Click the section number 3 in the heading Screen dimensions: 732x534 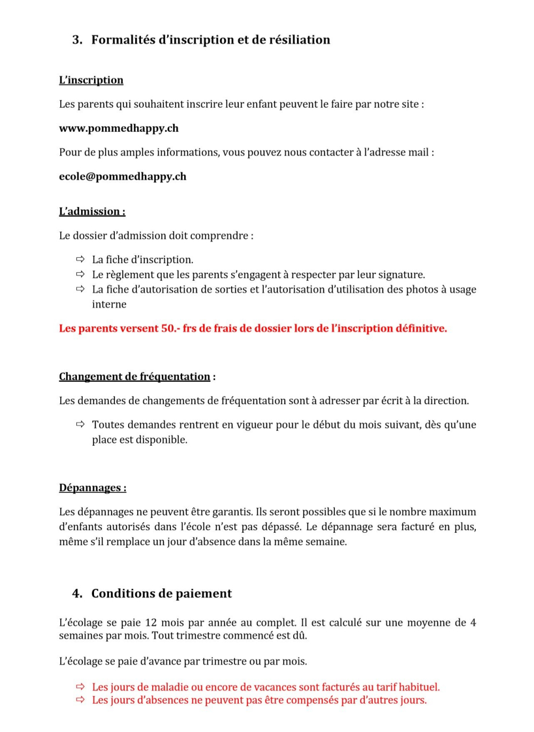77,40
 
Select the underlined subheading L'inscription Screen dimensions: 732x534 91,80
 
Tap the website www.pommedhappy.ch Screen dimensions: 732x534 119,128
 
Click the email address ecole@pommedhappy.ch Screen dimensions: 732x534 123,177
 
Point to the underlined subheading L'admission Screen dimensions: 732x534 92,211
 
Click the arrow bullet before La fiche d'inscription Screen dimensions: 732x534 80,259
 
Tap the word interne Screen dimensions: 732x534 109,304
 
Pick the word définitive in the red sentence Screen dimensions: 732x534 420,328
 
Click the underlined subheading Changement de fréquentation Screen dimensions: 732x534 135,377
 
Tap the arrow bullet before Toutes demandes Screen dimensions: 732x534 80,424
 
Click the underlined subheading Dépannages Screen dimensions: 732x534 92,488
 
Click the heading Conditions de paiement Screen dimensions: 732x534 161,594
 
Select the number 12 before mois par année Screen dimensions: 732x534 151,623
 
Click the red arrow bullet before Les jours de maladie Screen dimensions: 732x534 80,687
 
